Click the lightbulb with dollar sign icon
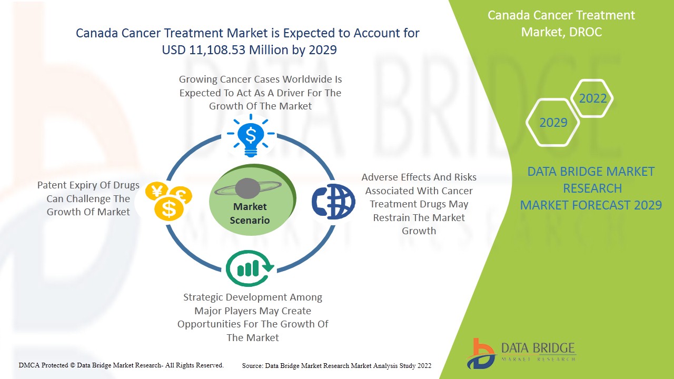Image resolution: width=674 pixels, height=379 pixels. coord(251,136)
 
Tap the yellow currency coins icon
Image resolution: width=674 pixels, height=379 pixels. coord(168,201)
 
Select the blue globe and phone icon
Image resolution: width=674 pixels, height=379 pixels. coord(333,201)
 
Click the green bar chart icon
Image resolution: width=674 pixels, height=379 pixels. coord(250,268)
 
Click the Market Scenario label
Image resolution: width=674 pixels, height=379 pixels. coord(250,213)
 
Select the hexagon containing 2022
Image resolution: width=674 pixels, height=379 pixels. coord(592,98)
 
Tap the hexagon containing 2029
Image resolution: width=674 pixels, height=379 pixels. coord(553,123)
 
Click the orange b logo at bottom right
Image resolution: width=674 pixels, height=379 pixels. coord(480,353)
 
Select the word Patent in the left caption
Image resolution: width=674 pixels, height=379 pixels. coord(52,185)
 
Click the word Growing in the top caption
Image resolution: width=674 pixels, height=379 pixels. coord(199,79)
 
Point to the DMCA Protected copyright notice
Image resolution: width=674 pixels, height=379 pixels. coord(121,365)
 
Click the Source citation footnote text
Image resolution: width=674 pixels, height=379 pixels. coord(336,365)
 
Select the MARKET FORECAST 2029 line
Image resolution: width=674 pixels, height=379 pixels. coord(591,205)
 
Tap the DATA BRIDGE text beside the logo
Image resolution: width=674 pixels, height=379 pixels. coord(538,348)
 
